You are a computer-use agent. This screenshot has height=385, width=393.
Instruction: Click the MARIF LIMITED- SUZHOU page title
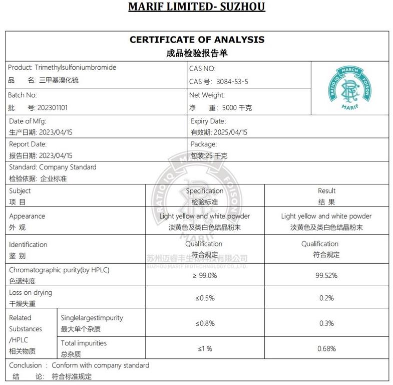click(x=197, y=7)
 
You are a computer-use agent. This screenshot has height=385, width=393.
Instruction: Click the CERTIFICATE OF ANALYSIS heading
click(x=197, y=40)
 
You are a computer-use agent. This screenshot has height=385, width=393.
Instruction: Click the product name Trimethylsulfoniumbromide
click(x=76, y=68)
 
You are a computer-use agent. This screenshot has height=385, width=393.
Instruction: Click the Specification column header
click(x=205, y=191)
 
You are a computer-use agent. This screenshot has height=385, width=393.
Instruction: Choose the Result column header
click(x=326, y=191)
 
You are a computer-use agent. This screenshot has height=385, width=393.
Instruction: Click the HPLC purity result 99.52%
click(x=327, y=275)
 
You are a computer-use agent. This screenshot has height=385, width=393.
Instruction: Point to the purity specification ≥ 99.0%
click(x=205, y=275)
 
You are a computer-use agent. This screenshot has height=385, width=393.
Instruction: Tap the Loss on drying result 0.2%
click(x=326, y=298)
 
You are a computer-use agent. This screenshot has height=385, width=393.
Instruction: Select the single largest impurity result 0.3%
click(x=326, y=323)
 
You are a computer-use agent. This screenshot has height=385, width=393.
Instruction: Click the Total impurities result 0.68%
click(x=327, y=348)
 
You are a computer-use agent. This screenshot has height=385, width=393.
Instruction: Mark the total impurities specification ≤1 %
click(x=205, y=348)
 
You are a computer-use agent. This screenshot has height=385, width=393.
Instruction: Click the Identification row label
click(x=28, y=245)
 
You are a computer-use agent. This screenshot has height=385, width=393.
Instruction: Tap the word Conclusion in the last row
click(x=25, y=365)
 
